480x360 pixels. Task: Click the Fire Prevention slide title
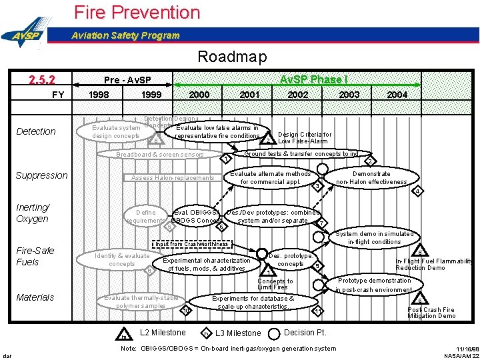[x=137, y=12]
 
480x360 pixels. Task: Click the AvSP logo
[x=25, y=35]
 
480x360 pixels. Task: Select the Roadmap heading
[x=232, y=57]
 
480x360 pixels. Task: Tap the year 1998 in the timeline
[x=99, y=95]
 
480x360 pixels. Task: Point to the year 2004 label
[x=397, y=95]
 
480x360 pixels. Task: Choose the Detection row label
[x=35, y=131]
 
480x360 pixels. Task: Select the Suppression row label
[x=41, y=175]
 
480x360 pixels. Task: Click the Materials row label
[x=35, y=297]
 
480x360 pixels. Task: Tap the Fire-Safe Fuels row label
[x=35, y=256]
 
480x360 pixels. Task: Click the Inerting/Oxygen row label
[x=32, y=213]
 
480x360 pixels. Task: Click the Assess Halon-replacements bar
[x=173, y=178]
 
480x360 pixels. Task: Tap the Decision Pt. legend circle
[x=274, y=333]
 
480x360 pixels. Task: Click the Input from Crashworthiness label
[x=191, y=244]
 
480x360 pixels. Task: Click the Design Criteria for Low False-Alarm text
[x=304, y=137]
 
